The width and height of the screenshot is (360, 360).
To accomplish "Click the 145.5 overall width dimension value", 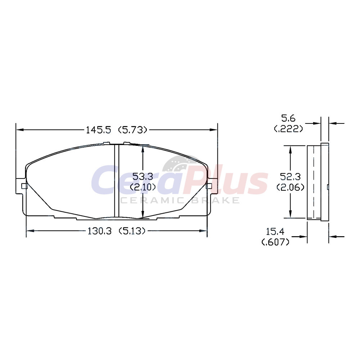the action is (98, 130).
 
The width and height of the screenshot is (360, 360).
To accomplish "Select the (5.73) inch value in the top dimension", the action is (132, 130).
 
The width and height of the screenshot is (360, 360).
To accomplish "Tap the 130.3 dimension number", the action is (100, 231).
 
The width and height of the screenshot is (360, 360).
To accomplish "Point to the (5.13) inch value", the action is (132, 231).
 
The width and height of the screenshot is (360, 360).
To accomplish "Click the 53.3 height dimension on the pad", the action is (143, 176).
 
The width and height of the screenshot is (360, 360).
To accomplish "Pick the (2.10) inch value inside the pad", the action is (143, 187).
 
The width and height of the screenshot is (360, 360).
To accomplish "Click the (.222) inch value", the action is (289, 129).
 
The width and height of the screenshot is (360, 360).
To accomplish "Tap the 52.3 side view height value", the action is (291, 176).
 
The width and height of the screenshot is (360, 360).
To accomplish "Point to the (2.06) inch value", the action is (291, 187).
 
